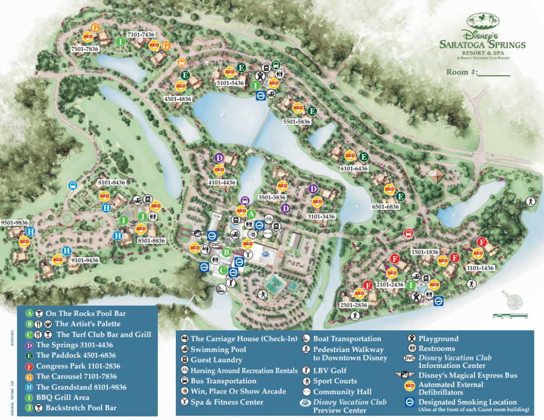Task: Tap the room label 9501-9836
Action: pos(14,222)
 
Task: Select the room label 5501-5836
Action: pos(296,122)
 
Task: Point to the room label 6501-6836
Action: pos(386,207)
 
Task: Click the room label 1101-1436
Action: pos(481,268)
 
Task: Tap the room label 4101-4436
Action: pos(222,182)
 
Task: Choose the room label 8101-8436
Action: pos(112,183)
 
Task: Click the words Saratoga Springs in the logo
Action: pos(482,45)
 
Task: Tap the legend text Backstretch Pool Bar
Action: pos(81,408)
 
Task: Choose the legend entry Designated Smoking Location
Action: pos(467,402)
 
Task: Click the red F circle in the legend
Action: pos(29,366)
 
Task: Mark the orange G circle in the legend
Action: pos(29,376)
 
